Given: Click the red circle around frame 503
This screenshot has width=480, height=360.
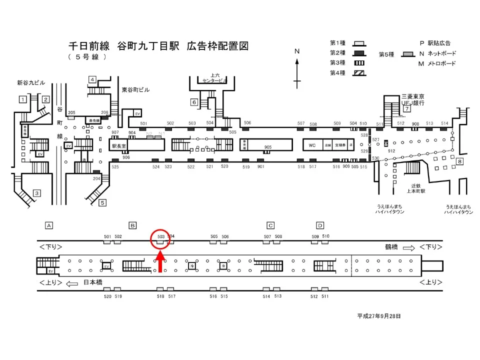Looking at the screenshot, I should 160,240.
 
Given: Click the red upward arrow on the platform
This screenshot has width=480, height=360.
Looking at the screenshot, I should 160,262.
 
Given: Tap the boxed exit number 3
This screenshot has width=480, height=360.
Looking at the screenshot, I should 36,193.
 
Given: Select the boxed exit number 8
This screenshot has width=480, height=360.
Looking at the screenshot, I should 459,161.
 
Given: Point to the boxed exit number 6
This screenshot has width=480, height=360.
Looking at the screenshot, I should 194,102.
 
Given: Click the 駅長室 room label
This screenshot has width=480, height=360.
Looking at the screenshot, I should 119,146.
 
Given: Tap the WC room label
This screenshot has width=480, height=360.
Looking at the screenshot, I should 312,145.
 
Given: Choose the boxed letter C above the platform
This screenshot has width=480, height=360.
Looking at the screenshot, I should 270,225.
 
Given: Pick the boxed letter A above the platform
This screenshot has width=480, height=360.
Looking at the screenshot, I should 49,225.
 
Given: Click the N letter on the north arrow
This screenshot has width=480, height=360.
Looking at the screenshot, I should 296,51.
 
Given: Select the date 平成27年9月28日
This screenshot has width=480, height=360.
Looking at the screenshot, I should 379,316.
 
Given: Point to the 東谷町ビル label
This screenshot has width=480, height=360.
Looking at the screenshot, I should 135,90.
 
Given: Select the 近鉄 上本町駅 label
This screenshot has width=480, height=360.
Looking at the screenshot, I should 414,188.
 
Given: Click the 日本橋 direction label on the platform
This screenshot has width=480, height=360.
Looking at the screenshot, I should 92,282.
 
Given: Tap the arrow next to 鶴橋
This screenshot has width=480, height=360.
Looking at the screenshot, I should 408,247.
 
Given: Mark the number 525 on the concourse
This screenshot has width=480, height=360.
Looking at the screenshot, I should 115,166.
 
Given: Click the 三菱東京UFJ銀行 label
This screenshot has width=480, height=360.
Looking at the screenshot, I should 412,99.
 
